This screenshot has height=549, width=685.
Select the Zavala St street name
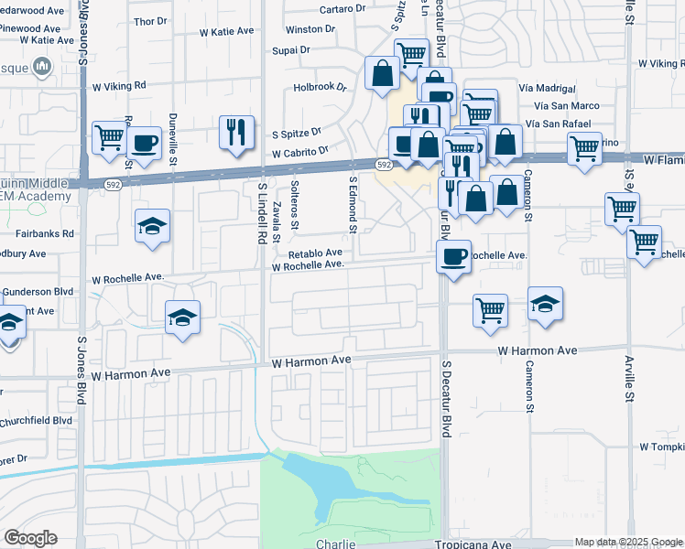click(276, 218)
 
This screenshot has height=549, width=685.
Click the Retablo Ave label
click(315, 253)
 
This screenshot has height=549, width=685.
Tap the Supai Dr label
click(289, 49)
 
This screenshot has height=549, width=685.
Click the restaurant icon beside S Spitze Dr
click(236, 133)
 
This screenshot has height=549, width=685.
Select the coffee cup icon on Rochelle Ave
click(452, 256)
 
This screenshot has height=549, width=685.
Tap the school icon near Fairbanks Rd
click(152, 227)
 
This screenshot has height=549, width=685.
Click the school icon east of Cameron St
click(545, 304)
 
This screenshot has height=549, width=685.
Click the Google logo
click(30, 538)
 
